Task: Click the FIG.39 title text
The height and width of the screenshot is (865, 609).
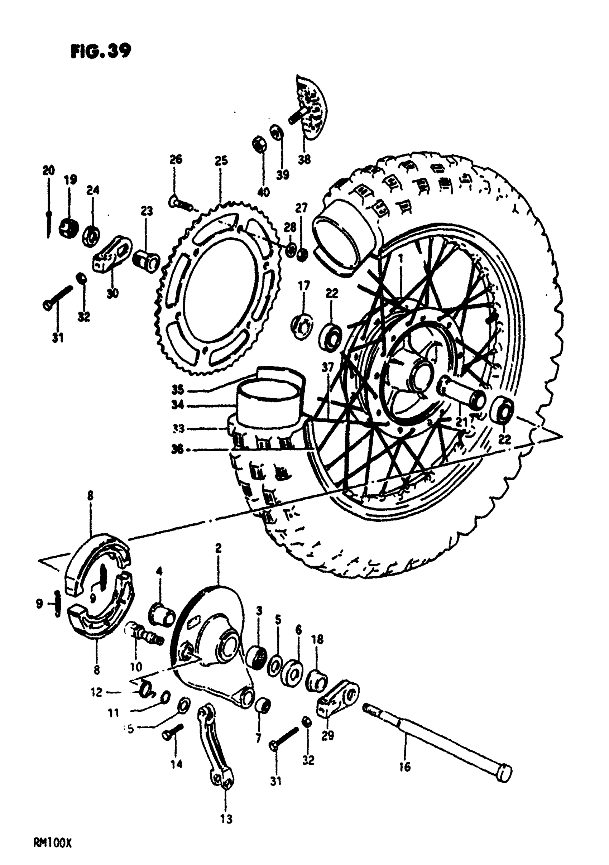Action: tap(101, 51)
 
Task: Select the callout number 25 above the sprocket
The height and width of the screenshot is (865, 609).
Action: tap(221, 161)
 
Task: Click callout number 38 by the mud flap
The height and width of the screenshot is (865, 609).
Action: tap(304, 160)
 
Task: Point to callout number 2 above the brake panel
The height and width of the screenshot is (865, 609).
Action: tap(219, 548)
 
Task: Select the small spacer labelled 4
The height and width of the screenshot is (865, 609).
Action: tap(163, 615)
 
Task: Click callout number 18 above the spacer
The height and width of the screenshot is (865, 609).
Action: tap(317, 639)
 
